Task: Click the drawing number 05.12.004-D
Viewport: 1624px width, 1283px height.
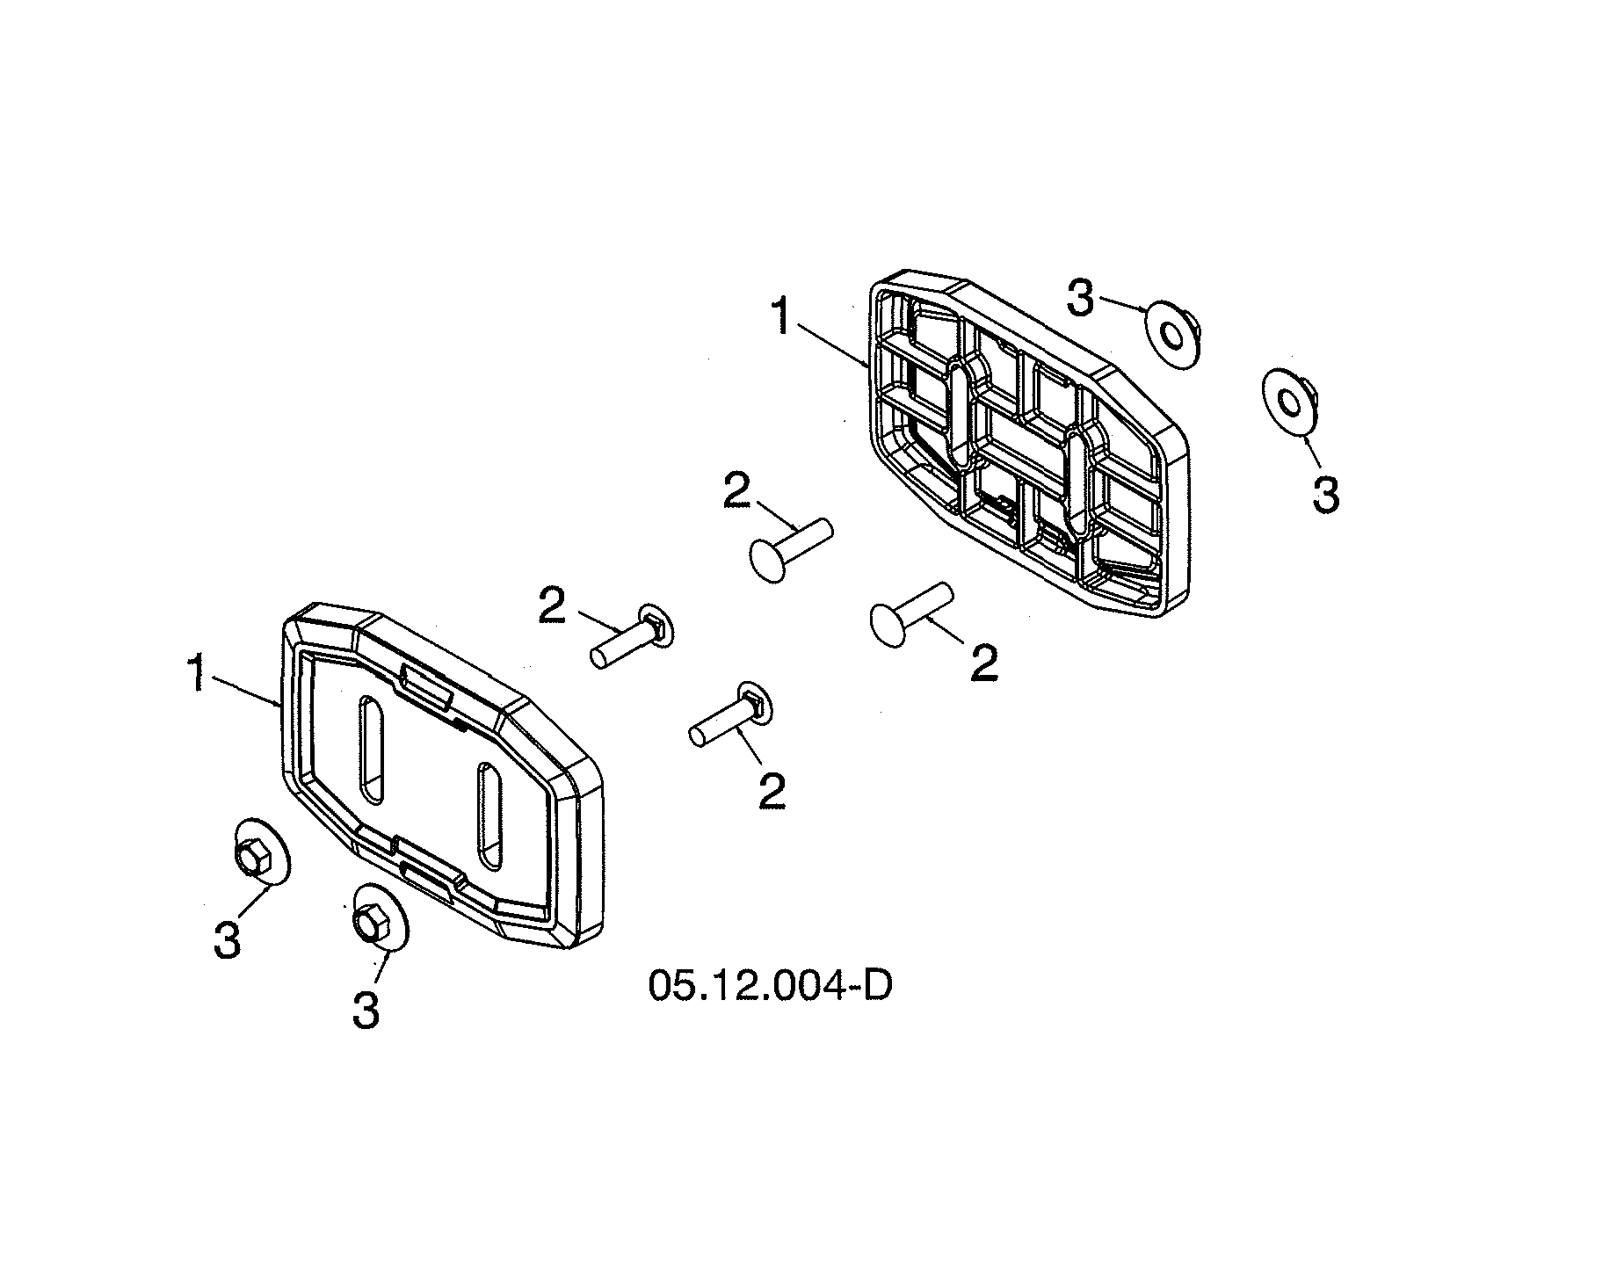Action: [771, 985]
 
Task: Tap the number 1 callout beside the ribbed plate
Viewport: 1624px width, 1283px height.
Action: [781, 316]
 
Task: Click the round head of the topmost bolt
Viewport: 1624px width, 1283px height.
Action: [770, 559]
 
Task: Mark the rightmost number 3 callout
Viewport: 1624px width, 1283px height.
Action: [1325, 494]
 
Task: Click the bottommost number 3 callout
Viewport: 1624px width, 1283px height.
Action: [366, 1010]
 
